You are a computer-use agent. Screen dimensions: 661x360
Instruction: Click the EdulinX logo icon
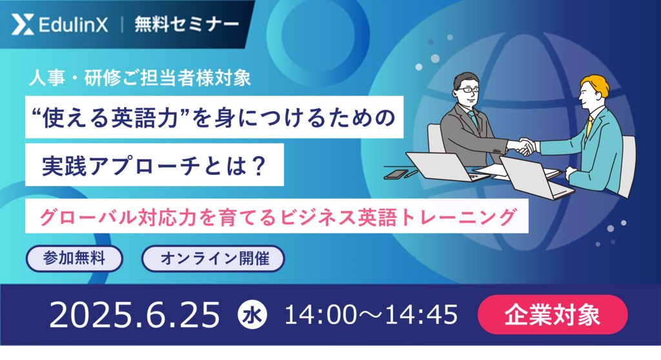coord(23,25)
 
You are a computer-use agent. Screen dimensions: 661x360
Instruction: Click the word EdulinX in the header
coord(74,25)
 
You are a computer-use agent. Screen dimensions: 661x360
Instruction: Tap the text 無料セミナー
coord(187,25)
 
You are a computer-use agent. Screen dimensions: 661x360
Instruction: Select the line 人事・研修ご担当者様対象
coord(140,78)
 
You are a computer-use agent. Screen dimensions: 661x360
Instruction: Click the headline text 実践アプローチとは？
coord(154,165)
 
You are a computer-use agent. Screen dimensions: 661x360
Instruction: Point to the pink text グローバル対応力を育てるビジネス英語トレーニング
coord(278,217)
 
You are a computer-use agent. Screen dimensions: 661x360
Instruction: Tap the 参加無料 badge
coord(74,258)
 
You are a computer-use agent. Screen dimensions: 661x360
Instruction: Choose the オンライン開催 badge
coord(213,258)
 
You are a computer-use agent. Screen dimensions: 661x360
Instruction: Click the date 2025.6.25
coord(134,314)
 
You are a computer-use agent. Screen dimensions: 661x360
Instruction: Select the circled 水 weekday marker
coord(252,314)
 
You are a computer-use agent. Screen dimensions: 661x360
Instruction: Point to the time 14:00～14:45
coord(371,314)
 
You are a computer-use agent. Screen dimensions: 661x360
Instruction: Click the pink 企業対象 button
coord(553,314)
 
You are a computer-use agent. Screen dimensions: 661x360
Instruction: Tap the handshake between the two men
coord(525,146)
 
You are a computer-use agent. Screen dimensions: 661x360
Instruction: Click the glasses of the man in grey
coord(468,90)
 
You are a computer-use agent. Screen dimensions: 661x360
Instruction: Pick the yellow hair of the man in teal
coord(596,85)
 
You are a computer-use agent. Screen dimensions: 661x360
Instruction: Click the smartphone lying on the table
coord(396,175)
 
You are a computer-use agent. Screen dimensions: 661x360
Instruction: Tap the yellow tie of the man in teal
coord(589,126)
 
